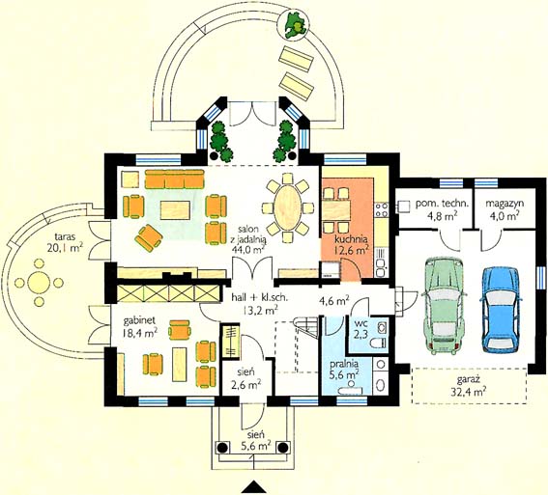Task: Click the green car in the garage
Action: coord(445,304)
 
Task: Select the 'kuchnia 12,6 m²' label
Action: coord(352,244)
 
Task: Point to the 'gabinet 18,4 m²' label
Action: coord(139,326)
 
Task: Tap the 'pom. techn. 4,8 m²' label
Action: coord(442,210)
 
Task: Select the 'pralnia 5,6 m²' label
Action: coord(345,369)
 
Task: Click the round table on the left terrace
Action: coord(39,282)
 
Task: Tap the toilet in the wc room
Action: coord(379,343)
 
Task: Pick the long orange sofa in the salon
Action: coord(174,179)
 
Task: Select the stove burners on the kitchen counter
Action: coord(382,210)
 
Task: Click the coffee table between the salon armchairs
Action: coord(175,209)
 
